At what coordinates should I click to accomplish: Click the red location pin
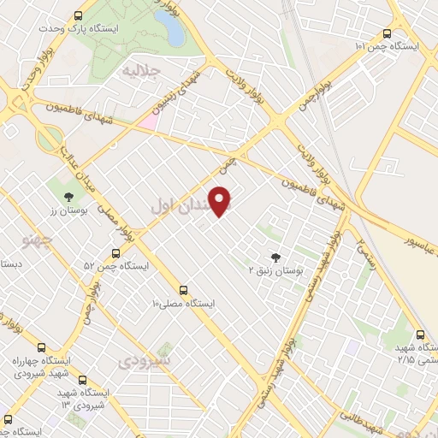[x=221, y=202]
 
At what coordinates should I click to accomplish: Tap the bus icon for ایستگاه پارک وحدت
[x=79, y=15]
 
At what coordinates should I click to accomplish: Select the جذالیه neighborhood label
[x=141, y=70]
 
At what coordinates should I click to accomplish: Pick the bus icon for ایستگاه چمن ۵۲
[x=116, y=253]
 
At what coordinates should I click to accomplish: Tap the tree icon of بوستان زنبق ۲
[x=275, y=256]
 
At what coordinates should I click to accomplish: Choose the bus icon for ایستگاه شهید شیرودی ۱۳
[x=81, y=379]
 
